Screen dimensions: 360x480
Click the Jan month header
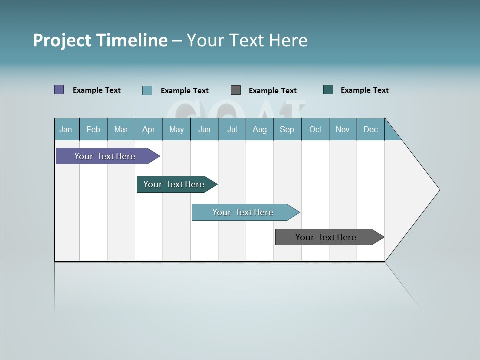click(x=66, y=129)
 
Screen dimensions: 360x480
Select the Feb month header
click(x=93, y=129)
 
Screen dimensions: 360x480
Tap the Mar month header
click(x=121, y=129)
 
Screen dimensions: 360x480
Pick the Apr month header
click(x=149, y=129)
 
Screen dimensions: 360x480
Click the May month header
click(x=176, y=129)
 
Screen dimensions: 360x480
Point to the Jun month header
click(x=204, y=129)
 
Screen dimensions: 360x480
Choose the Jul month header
click(x=232, y=129)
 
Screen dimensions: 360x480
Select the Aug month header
click(x=260, y=129)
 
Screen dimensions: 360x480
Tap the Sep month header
click(x=287, y=129)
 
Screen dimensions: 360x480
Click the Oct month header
click(x=315, y=129)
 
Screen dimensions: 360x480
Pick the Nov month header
click(x=343, y=129)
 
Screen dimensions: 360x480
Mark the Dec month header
click(x=371, y=129)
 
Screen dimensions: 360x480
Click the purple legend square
click(x=59, y=90)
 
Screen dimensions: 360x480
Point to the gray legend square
click(x=236, y=90)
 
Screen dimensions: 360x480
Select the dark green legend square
click(x=328, y=90)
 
